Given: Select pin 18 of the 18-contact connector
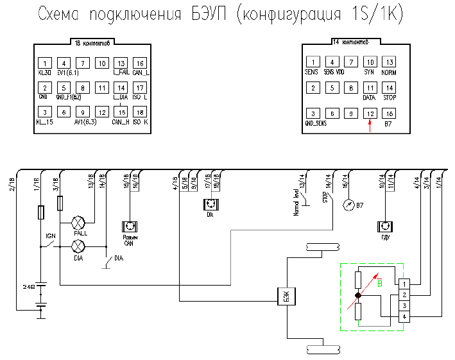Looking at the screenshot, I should coord(140,112).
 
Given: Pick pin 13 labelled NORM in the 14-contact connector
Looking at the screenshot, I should coord(388,62).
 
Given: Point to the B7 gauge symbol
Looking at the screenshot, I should coord(348,205).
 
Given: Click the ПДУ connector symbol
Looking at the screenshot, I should coord(386,227).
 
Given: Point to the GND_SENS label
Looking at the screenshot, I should coord(315,122).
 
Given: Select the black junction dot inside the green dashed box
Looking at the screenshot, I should coord(358,296).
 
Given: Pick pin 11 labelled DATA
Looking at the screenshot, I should coord(369,87).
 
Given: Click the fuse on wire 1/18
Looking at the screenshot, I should coord(42,211).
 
